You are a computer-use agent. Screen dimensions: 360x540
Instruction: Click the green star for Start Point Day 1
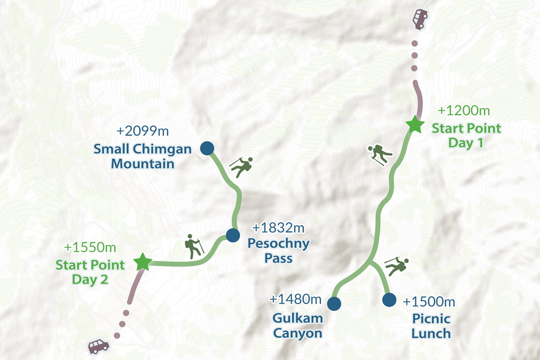[x=413, y=125]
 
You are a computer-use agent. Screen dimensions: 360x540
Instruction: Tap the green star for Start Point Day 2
[x=142, y=262]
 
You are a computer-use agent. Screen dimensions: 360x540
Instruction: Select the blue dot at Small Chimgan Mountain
[x=207, y=148]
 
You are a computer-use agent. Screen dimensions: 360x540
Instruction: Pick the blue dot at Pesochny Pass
[x=233, y=235]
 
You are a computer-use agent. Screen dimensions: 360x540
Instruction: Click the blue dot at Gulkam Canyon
[x=334, y=304]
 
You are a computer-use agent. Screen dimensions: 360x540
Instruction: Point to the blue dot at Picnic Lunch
[x=389, y=299]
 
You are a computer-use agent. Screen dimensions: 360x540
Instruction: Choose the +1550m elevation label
[x=90, y=247]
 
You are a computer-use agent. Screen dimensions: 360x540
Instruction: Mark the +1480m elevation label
[x=296, y=299]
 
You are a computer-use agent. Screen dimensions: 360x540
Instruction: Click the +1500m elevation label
[x=429, y=301]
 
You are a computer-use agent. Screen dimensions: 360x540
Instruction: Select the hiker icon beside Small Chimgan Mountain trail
[x=241, y=167]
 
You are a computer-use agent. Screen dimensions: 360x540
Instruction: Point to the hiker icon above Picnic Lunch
[x=397, y=265]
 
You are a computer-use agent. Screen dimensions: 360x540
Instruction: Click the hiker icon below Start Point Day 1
[x=380, y=155]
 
